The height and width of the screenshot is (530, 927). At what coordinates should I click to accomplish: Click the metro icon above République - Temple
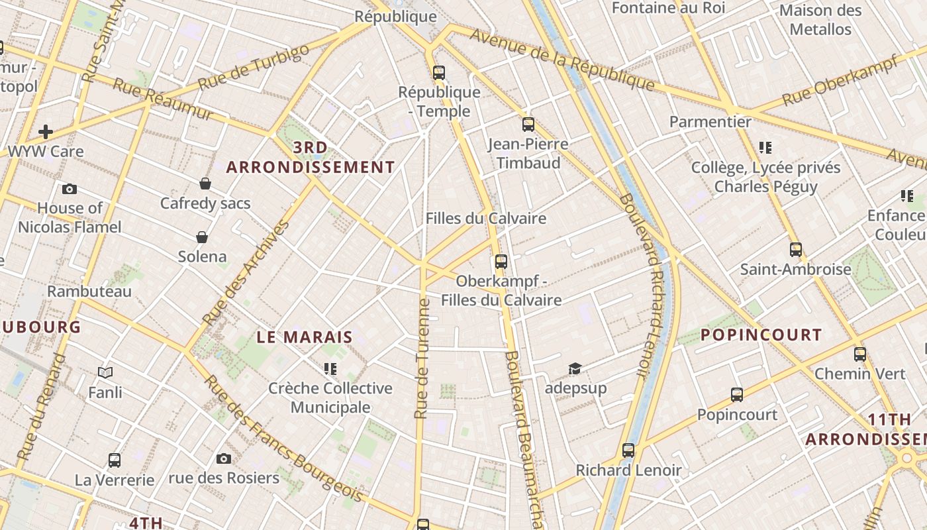click(x=438, y=72)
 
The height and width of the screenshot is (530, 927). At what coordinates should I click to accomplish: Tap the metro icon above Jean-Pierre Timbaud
click(x=528, y=124)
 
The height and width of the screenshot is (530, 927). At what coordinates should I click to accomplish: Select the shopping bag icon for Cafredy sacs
click(x=205, y=184)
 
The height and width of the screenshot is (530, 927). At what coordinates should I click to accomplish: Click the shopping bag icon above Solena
click(x=202, y=237)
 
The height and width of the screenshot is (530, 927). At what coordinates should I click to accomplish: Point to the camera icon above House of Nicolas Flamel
click(x=70, y=189)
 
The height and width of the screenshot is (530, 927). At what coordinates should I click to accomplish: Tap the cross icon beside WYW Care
click(x=46, y=132)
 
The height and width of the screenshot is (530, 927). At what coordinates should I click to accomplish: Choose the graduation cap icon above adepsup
click(x=575, y=368)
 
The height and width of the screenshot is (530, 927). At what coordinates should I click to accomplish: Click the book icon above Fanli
click(x=105, y=373)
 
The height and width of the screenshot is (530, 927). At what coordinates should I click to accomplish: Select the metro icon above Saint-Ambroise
click(x=795, y=250)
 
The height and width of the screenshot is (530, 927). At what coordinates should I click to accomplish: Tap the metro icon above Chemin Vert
click(x=859, y=354)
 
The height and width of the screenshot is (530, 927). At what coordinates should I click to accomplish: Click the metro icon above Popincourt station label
click(x=737, y=395)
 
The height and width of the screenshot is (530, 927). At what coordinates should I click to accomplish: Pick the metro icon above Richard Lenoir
click(x=628, y=450)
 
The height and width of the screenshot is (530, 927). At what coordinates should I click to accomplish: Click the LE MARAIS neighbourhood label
click(x=305, y=337)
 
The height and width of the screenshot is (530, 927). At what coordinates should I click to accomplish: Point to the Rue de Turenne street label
click(x=422, y=358)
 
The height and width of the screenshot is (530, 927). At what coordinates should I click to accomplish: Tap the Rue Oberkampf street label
click(x=840, y=81)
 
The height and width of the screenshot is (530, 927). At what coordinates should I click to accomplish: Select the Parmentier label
click(x=710, y=122)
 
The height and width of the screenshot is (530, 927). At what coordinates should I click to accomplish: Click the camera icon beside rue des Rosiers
click(x=224, y=458)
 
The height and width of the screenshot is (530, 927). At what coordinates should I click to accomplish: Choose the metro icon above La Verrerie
click(x=115, y=460)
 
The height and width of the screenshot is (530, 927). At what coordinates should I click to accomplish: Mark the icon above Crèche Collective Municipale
click(x=330, y=368)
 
